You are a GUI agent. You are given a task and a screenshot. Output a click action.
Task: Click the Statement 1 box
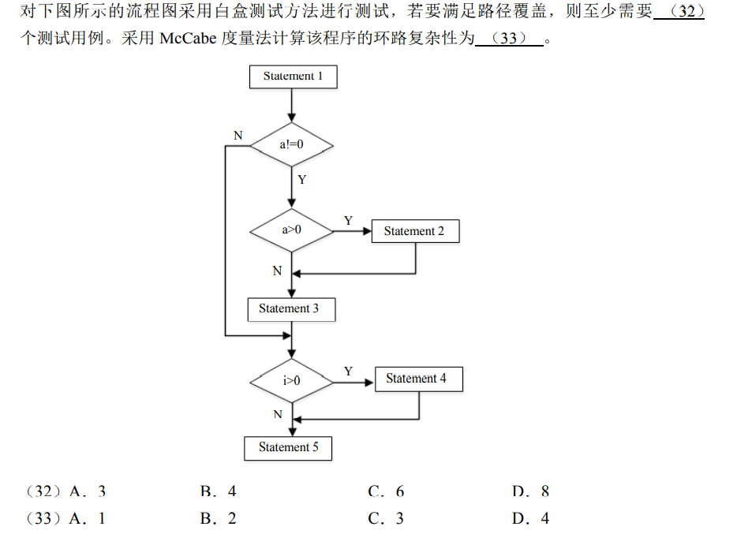[x=293, y=77]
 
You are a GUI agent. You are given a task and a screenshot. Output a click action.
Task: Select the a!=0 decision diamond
[x=292, y=145]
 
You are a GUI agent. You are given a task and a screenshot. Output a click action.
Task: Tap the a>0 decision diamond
[x=292, y=230]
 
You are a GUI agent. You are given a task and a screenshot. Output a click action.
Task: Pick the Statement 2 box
[x=414, y=231]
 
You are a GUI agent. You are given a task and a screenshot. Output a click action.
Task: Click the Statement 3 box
[x=290, y=308]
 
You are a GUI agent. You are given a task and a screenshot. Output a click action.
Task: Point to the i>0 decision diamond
[x=292, y=380]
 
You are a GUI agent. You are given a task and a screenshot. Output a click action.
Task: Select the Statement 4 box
[x=417, y=379]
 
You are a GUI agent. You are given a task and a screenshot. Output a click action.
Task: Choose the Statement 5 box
[x=289, y=447]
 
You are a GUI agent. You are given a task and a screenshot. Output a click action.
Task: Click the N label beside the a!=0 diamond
[x=238, y=136]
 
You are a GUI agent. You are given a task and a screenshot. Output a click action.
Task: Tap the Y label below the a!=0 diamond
[x=301, y=180]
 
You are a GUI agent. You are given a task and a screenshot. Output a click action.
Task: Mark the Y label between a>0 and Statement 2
[x=348, y=221]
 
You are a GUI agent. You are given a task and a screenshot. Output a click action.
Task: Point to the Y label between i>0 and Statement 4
[x=348, y=371]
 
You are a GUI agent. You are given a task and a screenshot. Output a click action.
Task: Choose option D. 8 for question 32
[x=530, y=491]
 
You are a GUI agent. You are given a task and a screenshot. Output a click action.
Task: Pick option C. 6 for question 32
[x=386, y=491]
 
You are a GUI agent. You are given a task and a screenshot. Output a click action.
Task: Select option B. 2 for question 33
[x=218, y=518]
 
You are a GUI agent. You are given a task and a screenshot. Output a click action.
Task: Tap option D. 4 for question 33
[x=530, y=518]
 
